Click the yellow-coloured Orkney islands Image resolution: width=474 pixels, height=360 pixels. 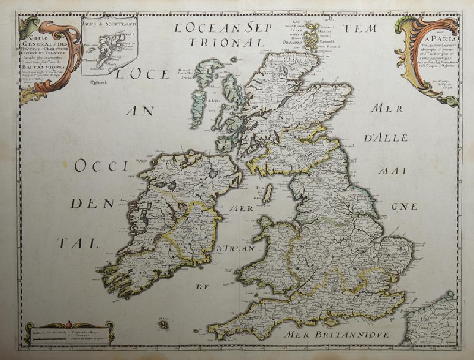coord(309,37)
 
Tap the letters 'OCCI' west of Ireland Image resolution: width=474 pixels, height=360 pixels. coord(102,166)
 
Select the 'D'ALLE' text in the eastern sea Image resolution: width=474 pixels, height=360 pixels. coord(386,139)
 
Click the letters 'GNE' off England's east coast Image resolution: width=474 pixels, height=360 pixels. coord(404,206)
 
